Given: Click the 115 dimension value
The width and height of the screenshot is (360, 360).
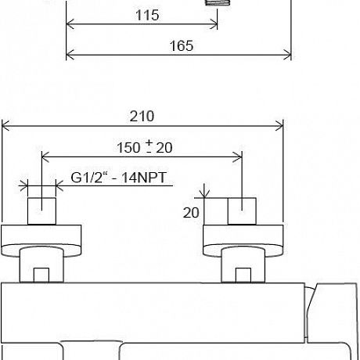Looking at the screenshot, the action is (147, 15).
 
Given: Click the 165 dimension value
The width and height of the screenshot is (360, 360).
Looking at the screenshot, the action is (182, 46).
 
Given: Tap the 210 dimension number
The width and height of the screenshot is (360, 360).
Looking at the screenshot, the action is (142, 117).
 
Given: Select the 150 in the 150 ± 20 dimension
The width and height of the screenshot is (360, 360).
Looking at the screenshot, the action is (128, 148).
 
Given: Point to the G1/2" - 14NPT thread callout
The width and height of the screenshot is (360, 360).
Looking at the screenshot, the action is (118, 178).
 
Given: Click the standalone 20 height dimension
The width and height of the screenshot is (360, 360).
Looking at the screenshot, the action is (191, 213).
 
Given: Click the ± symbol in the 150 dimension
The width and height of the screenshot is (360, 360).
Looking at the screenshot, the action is (149, 146).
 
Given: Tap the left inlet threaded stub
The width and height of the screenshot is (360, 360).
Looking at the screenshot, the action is (41, 211).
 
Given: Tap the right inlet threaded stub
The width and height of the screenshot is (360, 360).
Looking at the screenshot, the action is (242, 211).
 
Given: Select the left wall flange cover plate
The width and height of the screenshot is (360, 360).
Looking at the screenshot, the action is (41, 240).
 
